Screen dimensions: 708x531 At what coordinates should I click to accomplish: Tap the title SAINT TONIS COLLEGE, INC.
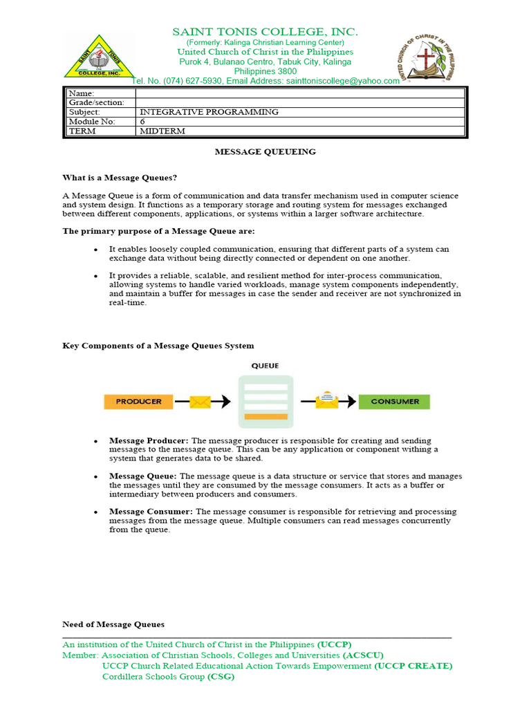click(x=265, y=32)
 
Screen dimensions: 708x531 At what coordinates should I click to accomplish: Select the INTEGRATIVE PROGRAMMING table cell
click(x=209, y=111)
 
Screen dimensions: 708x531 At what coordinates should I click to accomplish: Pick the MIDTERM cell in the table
click(x=162, y=131)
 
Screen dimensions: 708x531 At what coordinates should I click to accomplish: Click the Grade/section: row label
click(x=96, y=102)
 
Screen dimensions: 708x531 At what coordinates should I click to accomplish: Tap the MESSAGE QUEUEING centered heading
click(x=265, y=151)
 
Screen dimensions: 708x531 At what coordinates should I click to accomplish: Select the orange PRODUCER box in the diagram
click(x=138, y=401)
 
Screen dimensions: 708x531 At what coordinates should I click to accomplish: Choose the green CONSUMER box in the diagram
click(x=394, y=401)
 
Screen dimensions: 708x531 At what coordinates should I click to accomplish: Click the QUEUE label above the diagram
click(x=265, y=365)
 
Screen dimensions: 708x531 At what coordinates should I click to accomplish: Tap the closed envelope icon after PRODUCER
click(x=200, y=401)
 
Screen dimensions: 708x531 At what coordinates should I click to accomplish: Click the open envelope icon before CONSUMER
click(x=326, y=400)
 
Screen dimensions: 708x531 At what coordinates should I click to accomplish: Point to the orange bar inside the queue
click(x=266, y=416)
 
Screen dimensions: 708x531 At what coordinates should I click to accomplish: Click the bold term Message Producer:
click(x=149, y=440)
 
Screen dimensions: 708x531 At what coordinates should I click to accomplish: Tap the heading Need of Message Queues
click(x=113, y=624)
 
